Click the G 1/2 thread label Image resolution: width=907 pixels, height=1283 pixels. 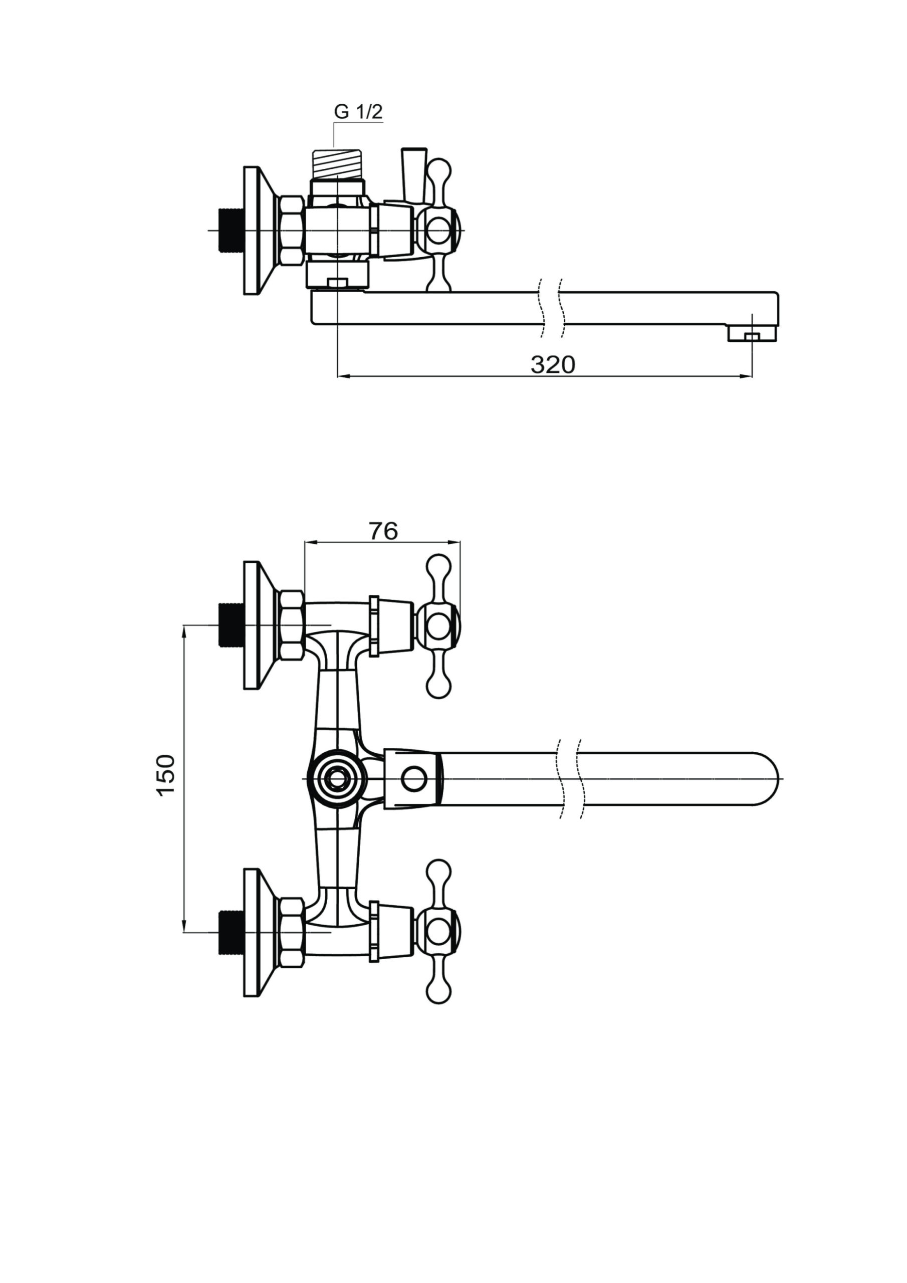(x=358, y=112)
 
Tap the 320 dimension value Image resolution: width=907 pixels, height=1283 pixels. (x=552, y=365)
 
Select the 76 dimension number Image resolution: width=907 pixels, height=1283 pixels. (x=383, y=531)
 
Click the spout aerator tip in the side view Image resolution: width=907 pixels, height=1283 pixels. (x=752, y=334)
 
